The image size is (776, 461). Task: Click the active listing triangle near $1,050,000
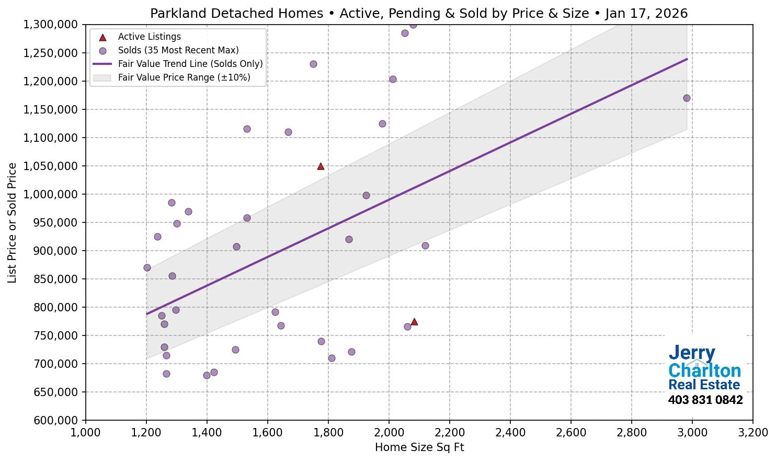[x=321, y=166]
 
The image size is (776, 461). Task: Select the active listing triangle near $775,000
[x=414, y=322]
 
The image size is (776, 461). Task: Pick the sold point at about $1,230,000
[x=313, y=64]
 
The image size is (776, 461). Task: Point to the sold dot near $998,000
[x=366, y=196]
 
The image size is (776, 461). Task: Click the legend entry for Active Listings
[x=149, y=37]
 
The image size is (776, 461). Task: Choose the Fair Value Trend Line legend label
[x=190, y=64]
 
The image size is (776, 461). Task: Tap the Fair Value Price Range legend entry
[x=184, y=77]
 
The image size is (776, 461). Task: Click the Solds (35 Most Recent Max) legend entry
[x=178, y=50]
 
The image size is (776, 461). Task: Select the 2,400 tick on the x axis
[x=510, y=433]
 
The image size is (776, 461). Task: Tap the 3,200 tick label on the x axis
[x=752, y=433]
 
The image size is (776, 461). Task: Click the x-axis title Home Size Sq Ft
[x=419, y=447]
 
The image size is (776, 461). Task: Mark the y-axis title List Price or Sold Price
[x=12, y=223]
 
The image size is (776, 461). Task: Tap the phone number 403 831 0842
[x=705, y=400]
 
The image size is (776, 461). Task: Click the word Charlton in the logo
[x=704, y=370]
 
